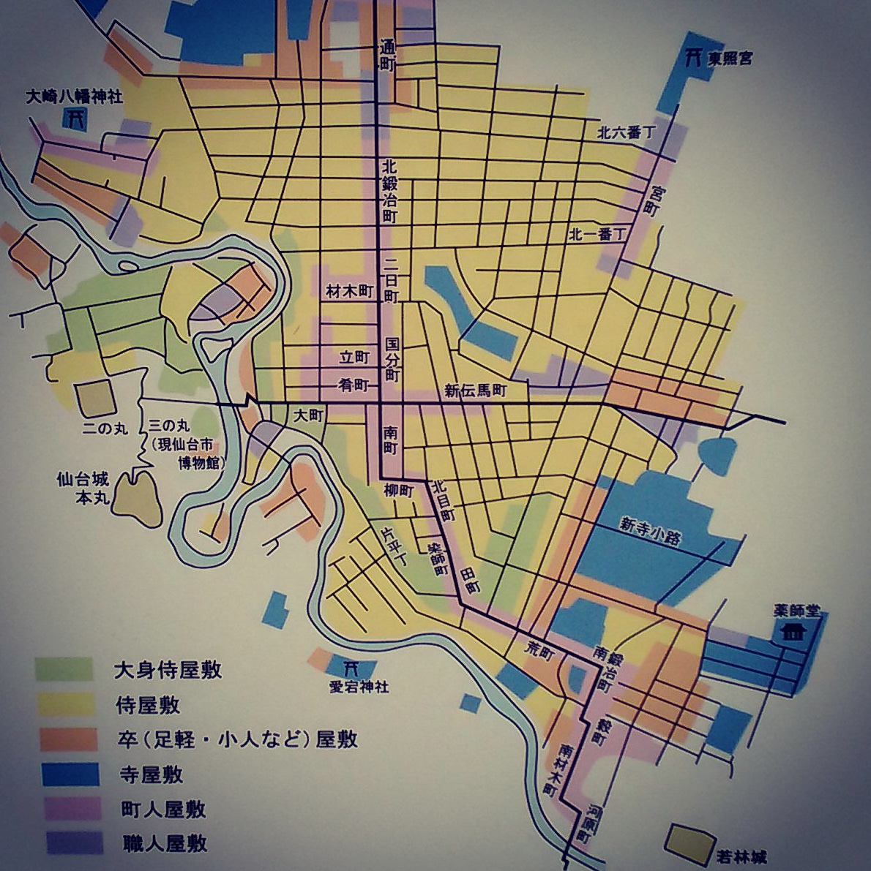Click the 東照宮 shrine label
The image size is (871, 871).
pos(730,59)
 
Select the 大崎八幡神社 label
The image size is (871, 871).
pos(73,96)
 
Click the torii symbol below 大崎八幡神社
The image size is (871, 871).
pos(74,118)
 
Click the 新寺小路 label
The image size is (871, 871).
pos(650,531)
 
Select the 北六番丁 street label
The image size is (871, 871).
pos(626,132)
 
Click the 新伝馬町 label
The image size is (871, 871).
pos(476,391)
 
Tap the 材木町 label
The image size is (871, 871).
pos(349,292)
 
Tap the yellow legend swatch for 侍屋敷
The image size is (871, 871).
pos(64,704)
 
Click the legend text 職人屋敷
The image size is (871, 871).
pos(164,843)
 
